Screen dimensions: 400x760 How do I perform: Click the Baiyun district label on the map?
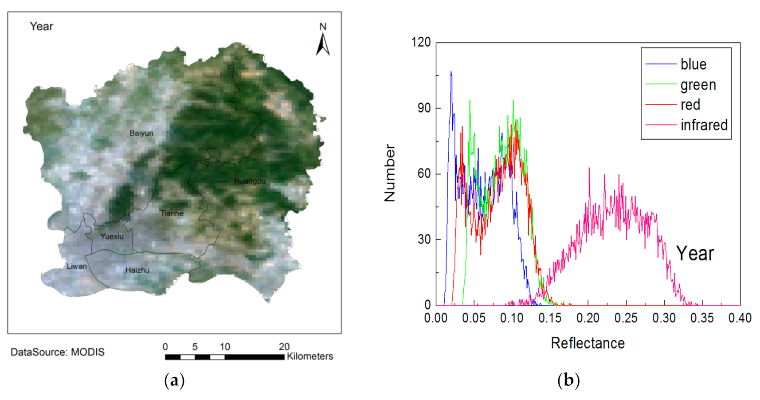pyautogui.click(x=141, y=133)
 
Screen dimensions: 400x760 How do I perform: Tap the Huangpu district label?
pyautogui.click(x=250, y=181)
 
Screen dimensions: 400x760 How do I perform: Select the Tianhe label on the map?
pyautogui.click(x=172, y=213)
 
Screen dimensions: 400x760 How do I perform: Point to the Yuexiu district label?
pyautogui.click(x=112, y=236)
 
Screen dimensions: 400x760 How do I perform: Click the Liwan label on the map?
pyautogui.click(x=77, y=266)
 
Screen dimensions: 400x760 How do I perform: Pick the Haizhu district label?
pyautogui.click(x=137, y=270)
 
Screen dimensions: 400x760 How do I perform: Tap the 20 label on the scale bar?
pyautogui.click(x=284, y=346)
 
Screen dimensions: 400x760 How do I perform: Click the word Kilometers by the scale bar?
pyautogui.click(x=309, y=356)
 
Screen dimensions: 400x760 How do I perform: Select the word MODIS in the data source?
pyautogui.click(x=88, y=352)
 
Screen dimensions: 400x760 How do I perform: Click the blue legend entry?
pyautogui.click(x=693, y=64)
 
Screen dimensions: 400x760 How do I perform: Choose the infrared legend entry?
pyautogui.click(x=704, y=125)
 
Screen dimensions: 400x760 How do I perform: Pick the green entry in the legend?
pyautogui.click(x=698, y=85)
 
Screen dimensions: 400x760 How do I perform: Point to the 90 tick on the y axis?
pyautogui.click(x=424, y=108)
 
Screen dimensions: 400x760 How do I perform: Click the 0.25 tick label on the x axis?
pyautogui.click(x=626, y=318)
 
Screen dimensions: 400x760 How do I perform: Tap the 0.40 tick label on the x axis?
pyautogui.click(x=740, y=318)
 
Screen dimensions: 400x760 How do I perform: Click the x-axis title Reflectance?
pyautogui.click(x=588, y=343)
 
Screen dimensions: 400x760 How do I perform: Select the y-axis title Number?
pyautogui.click(x=390, y=173)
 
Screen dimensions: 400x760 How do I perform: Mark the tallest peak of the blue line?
pyautogui.click(x=451, y=72)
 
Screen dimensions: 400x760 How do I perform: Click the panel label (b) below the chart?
pyautogui.click(x=568, y=380)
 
